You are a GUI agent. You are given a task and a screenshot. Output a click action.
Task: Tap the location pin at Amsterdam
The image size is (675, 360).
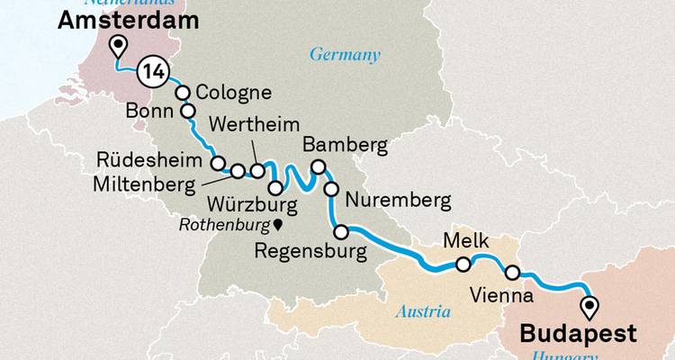[x=116, y=48]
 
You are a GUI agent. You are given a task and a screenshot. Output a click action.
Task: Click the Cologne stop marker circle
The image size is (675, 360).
[x=183, y=93]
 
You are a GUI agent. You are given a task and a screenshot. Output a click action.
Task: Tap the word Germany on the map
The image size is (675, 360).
[x=345, y=55]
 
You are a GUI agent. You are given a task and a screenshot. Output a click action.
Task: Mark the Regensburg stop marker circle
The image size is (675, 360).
[x=341, y=232]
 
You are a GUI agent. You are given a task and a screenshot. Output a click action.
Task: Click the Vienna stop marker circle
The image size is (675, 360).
[x=512, y=273]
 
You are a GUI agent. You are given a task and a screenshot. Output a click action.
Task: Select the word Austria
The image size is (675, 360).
[x=423, y=312]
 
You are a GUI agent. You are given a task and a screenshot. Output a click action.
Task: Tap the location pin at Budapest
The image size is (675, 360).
[x=589, y=307]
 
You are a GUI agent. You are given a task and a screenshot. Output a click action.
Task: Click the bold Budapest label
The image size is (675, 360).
[x=578, y=334]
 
